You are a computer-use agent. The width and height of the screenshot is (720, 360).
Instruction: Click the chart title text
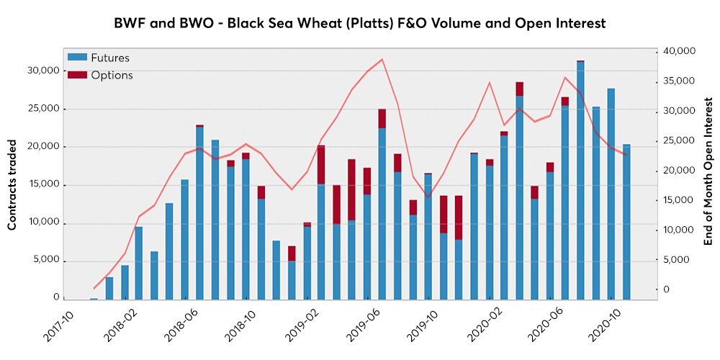[x=360, y=23]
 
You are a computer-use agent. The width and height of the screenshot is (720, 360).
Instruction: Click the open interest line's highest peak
[x=382, y=59]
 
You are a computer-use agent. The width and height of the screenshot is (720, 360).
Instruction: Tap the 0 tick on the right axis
[x=688, y=289]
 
